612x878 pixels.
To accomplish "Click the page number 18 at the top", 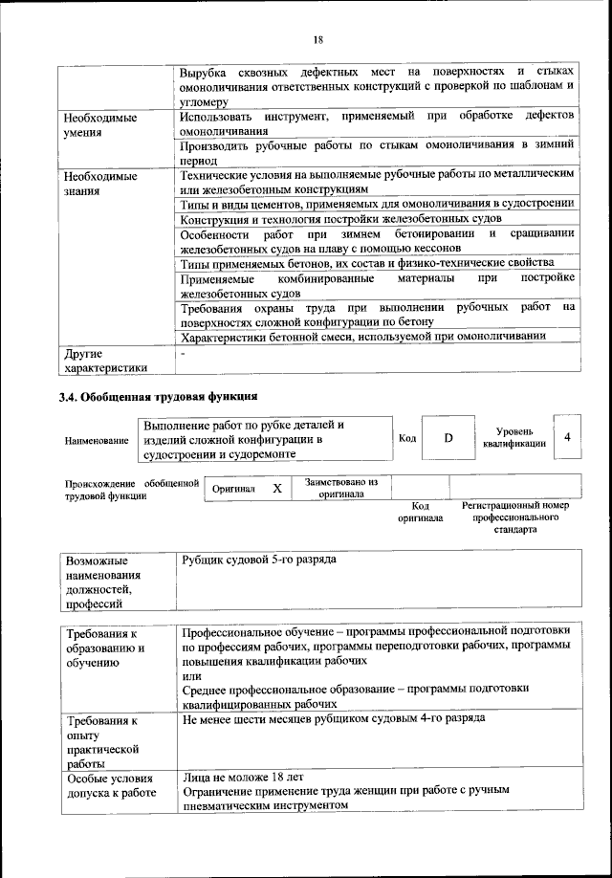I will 318,39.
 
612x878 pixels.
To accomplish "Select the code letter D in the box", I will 448,437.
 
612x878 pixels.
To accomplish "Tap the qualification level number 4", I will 568,437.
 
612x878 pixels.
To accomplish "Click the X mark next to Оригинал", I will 276,488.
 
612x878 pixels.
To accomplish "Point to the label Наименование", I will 97,440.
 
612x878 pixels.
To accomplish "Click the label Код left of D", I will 406,438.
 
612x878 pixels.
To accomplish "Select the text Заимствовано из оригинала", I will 341,488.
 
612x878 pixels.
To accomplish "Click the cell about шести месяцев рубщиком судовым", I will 333,717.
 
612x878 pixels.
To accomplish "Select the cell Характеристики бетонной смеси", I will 363,336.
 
